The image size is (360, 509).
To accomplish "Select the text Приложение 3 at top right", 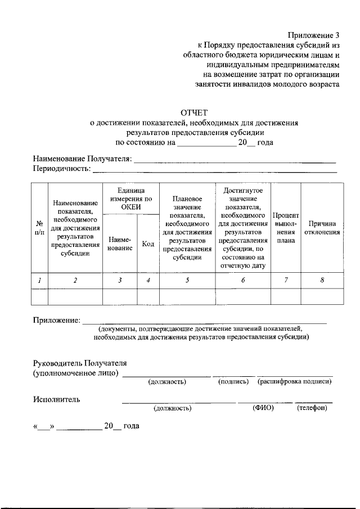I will [x=314, y=35].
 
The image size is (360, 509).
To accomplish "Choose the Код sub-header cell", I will [x=148, y=244].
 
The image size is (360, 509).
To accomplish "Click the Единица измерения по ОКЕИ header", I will [x=131, y=199].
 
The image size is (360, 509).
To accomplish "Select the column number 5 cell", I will [x=187, y=280].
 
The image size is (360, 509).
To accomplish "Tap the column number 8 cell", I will [x=322, y=280].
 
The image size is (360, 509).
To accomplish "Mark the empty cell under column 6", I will [x=243, y=296].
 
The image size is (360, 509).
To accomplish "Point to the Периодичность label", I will [x=62, y=168].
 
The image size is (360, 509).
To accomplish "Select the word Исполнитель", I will [x=56, y=399].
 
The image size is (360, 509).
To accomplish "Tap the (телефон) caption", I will [x=312, y=408].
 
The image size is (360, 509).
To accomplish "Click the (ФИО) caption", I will [x=263, y=408].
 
